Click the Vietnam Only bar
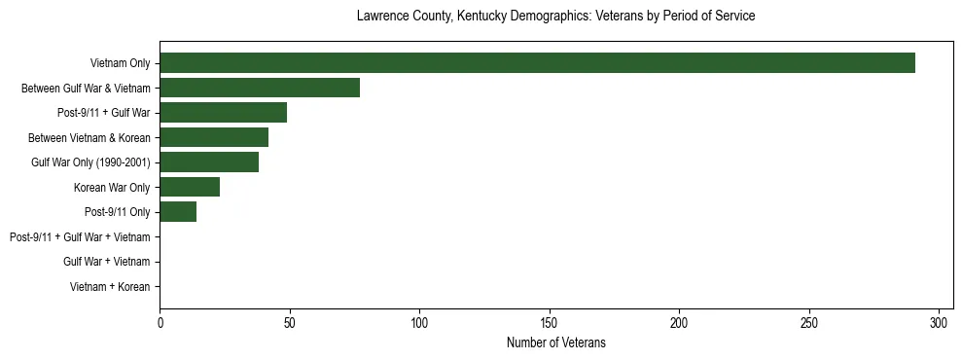coord(537,63)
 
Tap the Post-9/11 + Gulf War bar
coord(223,113)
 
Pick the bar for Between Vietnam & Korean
coord(214,137)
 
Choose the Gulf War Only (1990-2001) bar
coord(209,162)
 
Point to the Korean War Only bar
coord(190,187)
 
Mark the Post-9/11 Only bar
coord(178,212)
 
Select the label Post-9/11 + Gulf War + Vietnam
coord(80,237)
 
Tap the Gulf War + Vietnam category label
coord(107,262)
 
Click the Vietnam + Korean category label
coord(110,287)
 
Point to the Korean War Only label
coord(112,188)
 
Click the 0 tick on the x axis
coord(160,322)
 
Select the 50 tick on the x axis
coord(290,322)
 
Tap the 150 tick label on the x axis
coord(550,322)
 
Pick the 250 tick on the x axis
coord(809,322)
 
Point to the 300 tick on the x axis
coord(939,322)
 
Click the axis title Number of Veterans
coord(555,342)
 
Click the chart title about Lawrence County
coord(555,17)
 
